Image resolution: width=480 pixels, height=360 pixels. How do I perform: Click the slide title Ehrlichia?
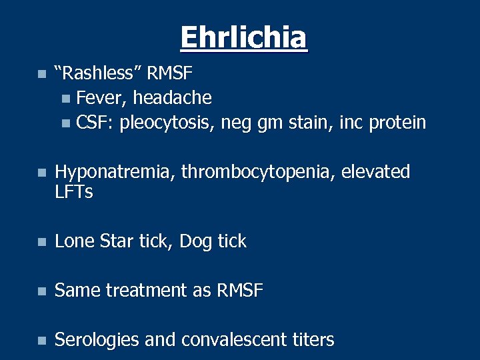click(x=243, y=37)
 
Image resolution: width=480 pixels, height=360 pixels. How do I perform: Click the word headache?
click(x=172, y=98)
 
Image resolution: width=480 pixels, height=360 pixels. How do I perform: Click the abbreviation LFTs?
click(x=73, y=193)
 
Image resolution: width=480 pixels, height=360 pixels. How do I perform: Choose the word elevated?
click(x=375, y=172)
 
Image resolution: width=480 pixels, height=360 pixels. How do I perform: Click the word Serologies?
click(x=97, y=340)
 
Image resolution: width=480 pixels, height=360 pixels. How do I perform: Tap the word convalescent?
click(x=233, y=340)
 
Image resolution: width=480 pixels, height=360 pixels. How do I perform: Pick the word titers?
click(x=313, y=340)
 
